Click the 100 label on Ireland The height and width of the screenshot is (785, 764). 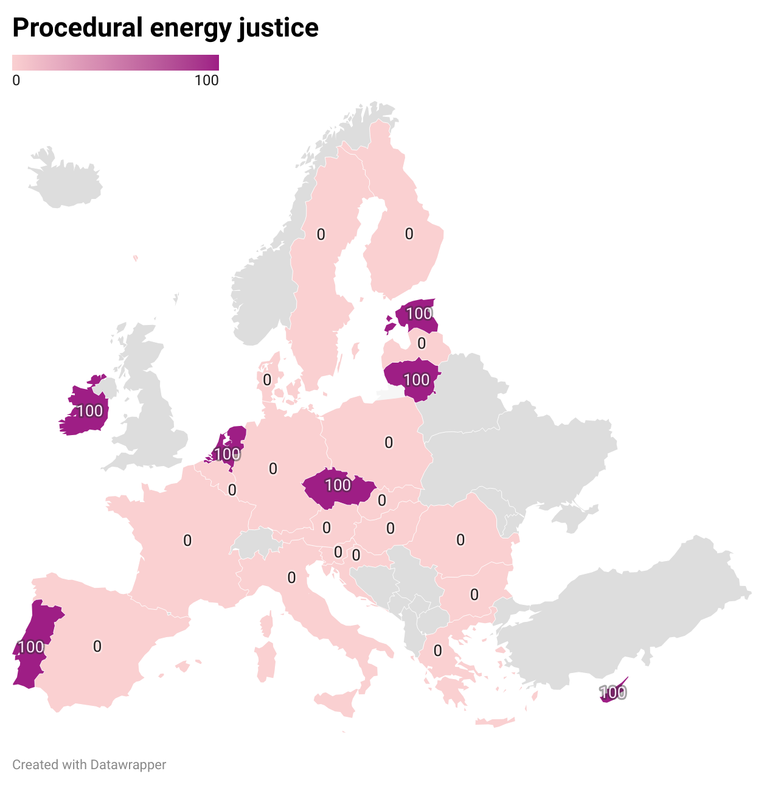click(90, 411)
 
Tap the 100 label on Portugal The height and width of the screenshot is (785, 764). click(31, 647)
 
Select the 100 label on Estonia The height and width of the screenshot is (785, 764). click(419, 313)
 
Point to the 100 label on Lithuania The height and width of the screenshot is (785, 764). click(417, 380)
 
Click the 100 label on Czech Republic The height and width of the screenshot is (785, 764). click(338, 485)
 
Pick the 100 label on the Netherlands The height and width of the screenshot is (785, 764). click(227, 454)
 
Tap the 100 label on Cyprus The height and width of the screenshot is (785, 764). click(613, 693)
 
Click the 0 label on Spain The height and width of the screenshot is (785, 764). click(97, 646)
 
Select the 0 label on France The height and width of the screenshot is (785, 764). click(187, 540)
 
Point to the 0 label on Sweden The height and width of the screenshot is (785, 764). click(321, 234)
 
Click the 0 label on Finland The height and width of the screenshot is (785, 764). click(409, 234)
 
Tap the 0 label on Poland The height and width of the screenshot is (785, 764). click(389, 443)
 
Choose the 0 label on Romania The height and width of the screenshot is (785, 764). click(460, 540)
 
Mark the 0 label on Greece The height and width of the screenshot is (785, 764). click(438, 651)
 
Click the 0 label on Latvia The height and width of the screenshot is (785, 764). click(422, 344)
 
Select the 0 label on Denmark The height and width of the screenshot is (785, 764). click(267, 380)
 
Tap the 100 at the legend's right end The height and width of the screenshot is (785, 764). click(207, 80)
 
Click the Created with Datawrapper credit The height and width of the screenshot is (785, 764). click(89, 765)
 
